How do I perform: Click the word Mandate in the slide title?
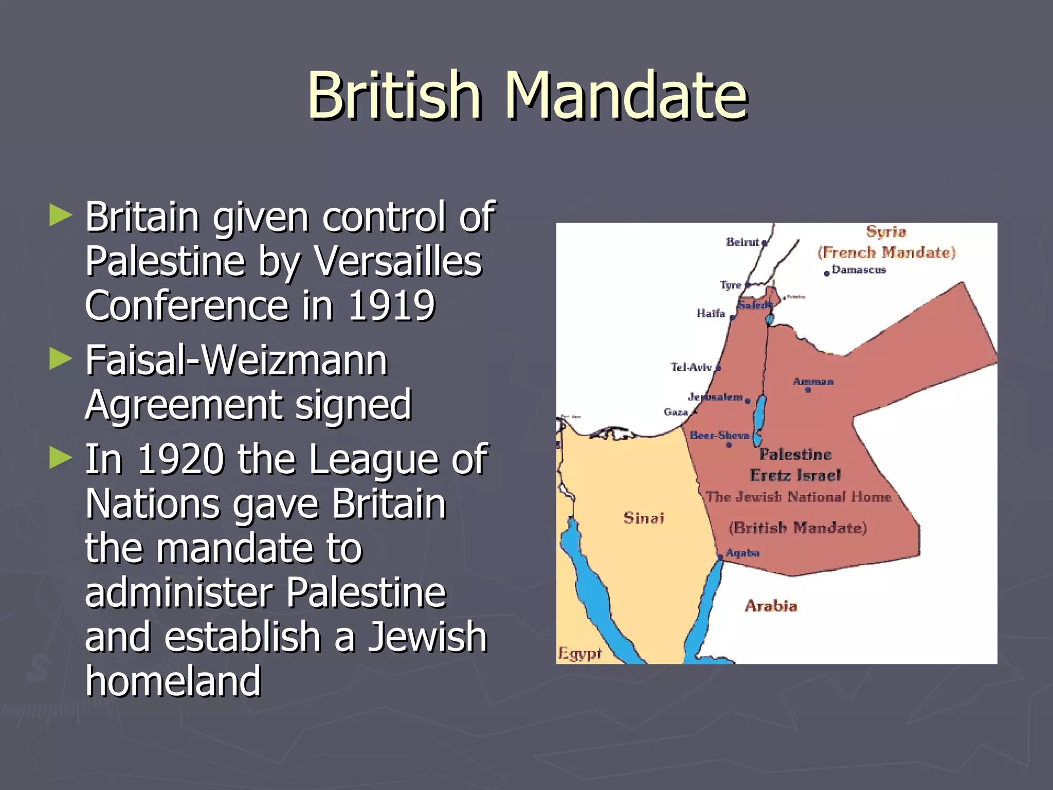point(626,96)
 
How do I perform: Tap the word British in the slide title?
point(394,96)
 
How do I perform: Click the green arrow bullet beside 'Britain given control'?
point(61,215)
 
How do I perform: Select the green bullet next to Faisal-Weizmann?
point(61,358)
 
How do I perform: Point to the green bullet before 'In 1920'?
point(61,457)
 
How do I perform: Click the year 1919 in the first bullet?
point(392,306)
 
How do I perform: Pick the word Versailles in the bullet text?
point(398,261)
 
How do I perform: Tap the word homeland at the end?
point(173,681)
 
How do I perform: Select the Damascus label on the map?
point(859,270)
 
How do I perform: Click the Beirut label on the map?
point(742,242)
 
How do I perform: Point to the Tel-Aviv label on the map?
point(691,367)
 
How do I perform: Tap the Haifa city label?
point(711,313)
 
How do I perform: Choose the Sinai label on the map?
point(644,517)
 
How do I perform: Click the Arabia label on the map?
point(771,606)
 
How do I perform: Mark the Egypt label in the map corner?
point(579,654)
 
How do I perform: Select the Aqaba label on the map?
point(742,553)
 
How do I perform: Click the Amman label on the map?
point(812,382)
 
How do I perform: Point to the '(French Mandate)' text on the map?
point(886,252)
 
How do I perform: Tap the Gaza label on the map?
point(676,412)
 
